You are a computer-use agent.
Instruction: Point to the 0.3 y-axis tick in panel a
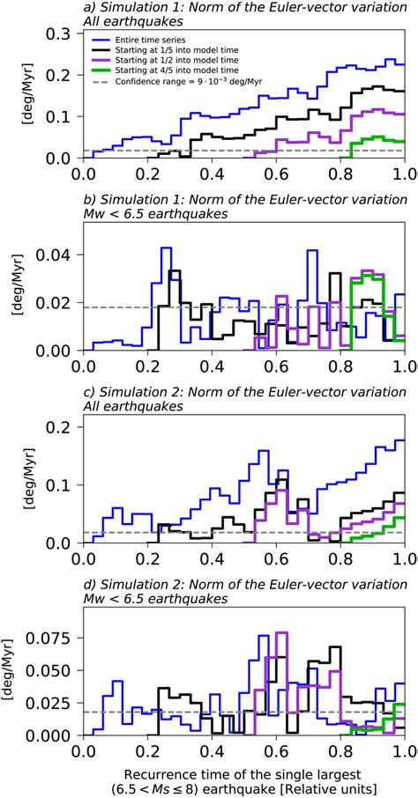pos(64,33)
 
